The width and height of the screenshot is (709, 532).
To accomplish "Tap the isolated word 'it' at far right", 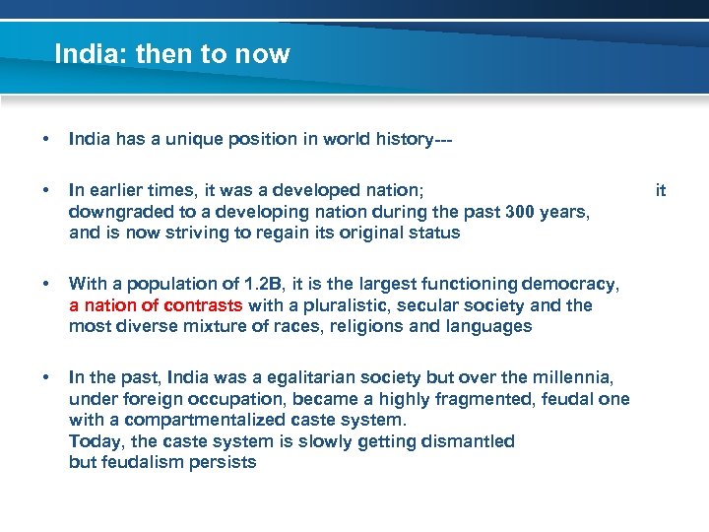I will pyautogui.click(x=661, y=189).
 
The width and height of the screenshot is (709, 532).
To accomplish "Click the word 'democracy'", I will pyautogui.click(x=574, y=285).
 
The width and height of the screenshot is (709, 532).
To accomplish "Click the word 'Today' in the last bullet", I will pyautogui.click(x=92, y=441).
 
